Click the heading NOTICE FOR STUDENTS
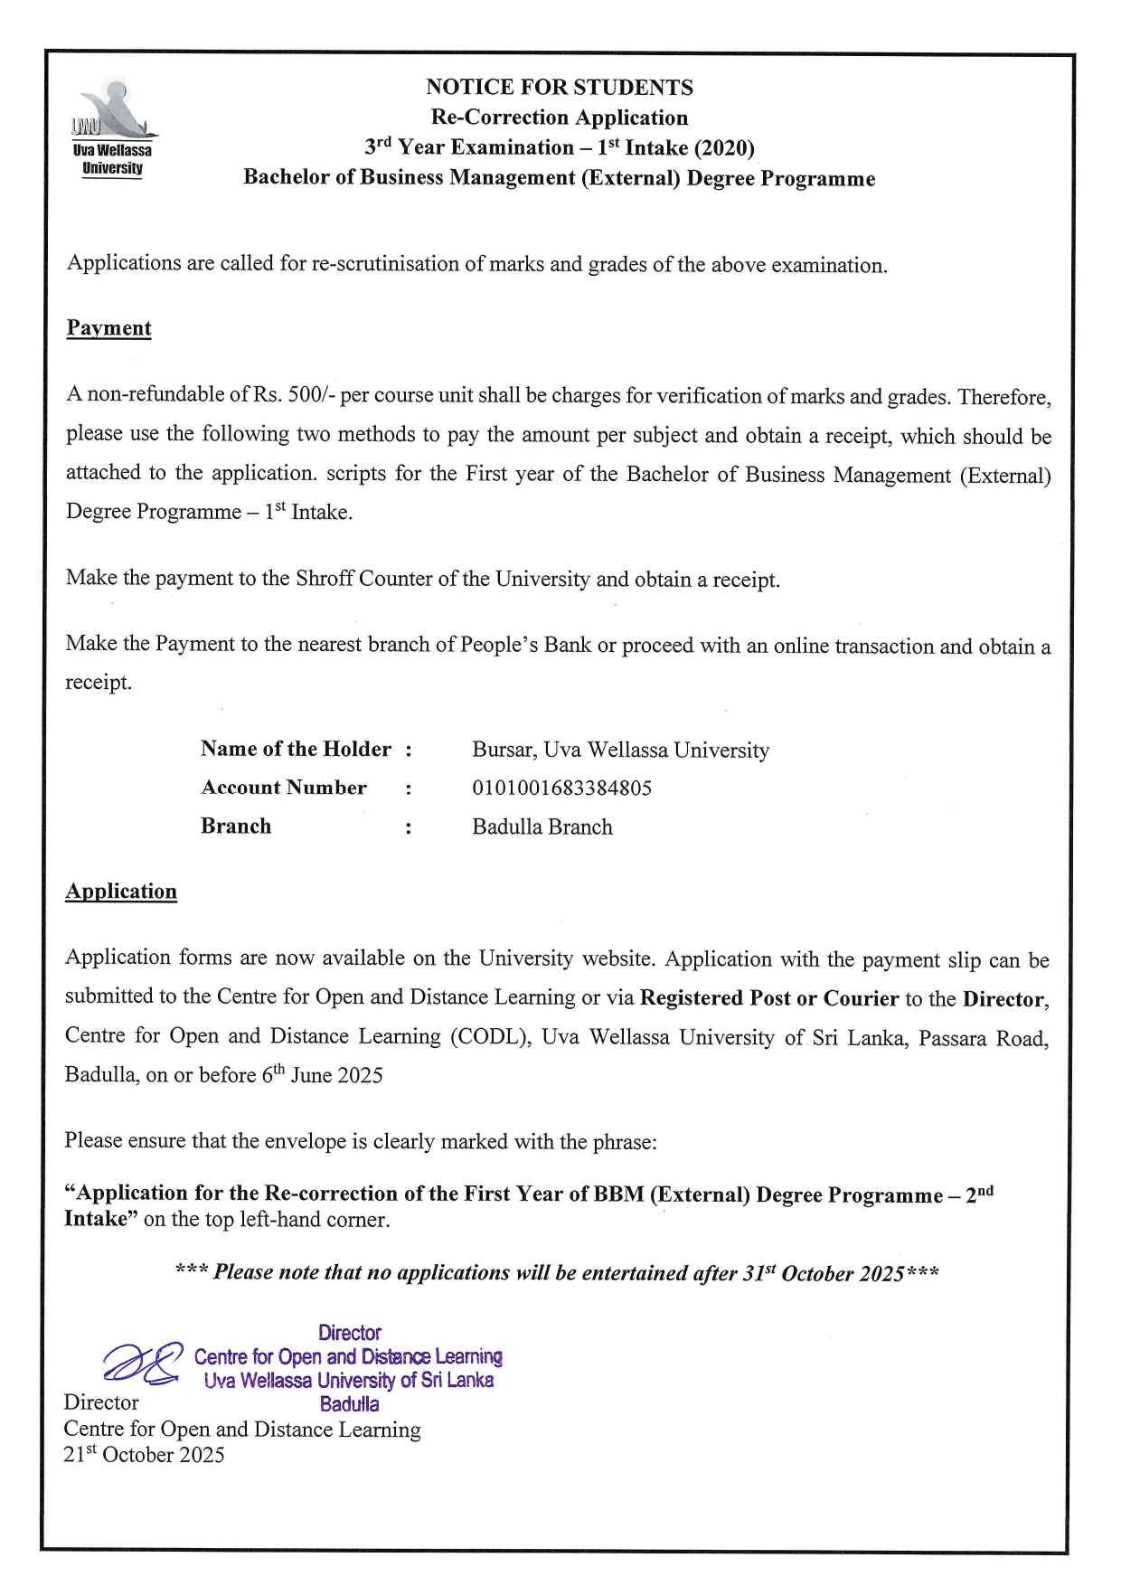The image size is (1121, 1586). pos(560,88)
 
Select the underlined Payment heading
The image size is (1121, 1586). pos(108,328)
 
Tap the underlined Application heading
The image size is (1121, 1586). pos(121,892)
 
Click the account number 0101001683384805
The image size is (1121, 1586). pos(561,788)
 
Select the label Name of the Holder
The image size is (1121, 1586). pos(296,750)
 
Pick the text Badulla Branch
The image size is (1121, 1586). pos(542,827)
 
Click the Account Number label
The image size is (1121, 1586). pos(284,788)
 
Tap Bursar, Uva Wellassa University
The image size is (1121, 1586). pos(620,751)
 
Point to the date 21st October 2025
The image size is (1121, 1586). pos(144,1455)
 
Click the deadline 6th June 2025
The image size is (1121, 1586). pos(322,1075)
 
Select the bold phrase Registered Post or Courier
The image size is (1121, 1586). pos(769,999)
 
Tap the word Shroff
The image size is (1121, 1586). pos(325,579)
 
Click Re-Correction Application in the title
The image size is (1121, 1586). pos(560,118)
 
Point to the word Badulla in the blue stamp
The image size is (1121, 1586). pos(349,1404)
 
